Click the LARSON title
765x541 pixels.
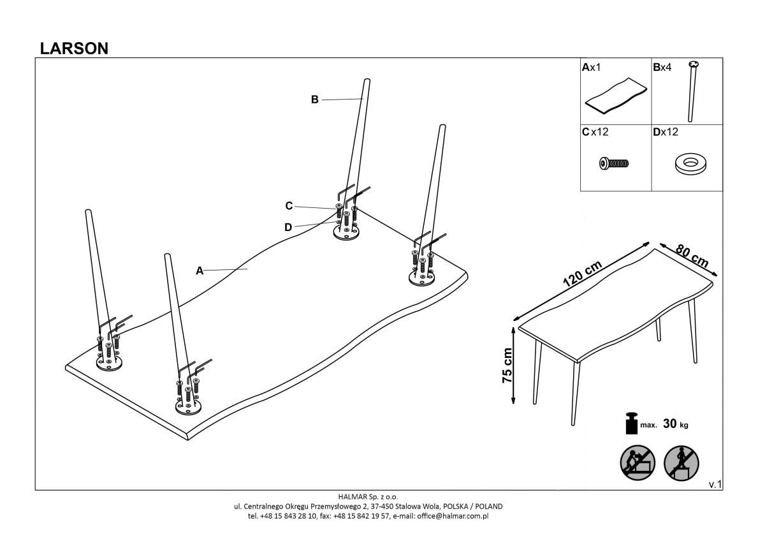coord(74,48)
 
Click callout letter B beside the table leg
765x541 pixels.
coord(314,100)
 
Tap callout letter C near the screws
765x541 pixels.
coord(289,205)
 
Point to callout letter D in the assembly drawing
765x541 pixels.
coord(288,226)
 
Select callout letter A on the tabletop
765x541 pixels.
coord(200,270)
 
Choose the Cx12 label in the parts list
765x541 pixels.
coord(594,133)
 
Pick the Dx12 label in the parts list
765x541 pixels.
coord(665,133)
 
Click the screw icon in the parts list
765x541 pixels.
coord(615,163)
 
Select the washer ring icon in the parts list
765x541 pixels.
coord(689,165)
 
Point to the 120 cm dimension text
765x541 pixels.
coord(582,276)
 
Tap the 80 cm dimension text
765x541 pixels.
coord(692,257)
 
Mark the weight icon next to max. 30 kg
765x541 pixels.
coord(631,422)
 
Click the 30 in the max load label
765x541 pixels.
coord(670,424)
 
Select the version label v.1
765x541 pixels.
coord(715,485)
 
